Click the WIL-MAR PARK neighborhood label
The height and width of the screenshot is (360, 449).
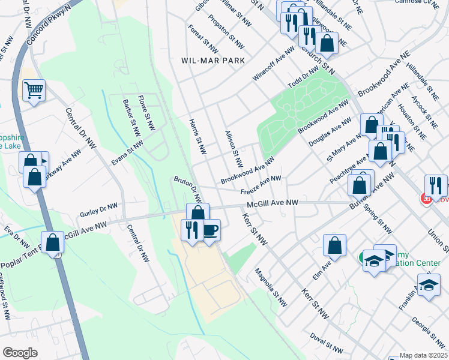pos(213,61)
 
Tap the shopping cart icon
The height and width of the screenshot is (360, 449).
pos(34,91)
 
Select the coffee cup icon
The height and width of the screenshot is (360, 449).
pos(210,230)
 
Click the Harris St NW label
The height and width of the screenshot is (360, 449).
pos(197,136)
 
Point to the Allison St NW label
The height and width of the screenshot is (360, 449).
pos(234,148)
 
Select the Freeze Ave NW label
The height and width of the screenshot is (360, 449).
pos(261,185)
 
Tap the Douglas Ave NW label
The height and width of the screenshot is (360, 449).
pos(330,133)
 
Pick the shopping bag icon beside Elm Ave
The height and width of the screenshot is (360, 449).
pos(334,245)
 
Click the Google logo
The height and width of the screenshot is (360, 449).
pos(20,352)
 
